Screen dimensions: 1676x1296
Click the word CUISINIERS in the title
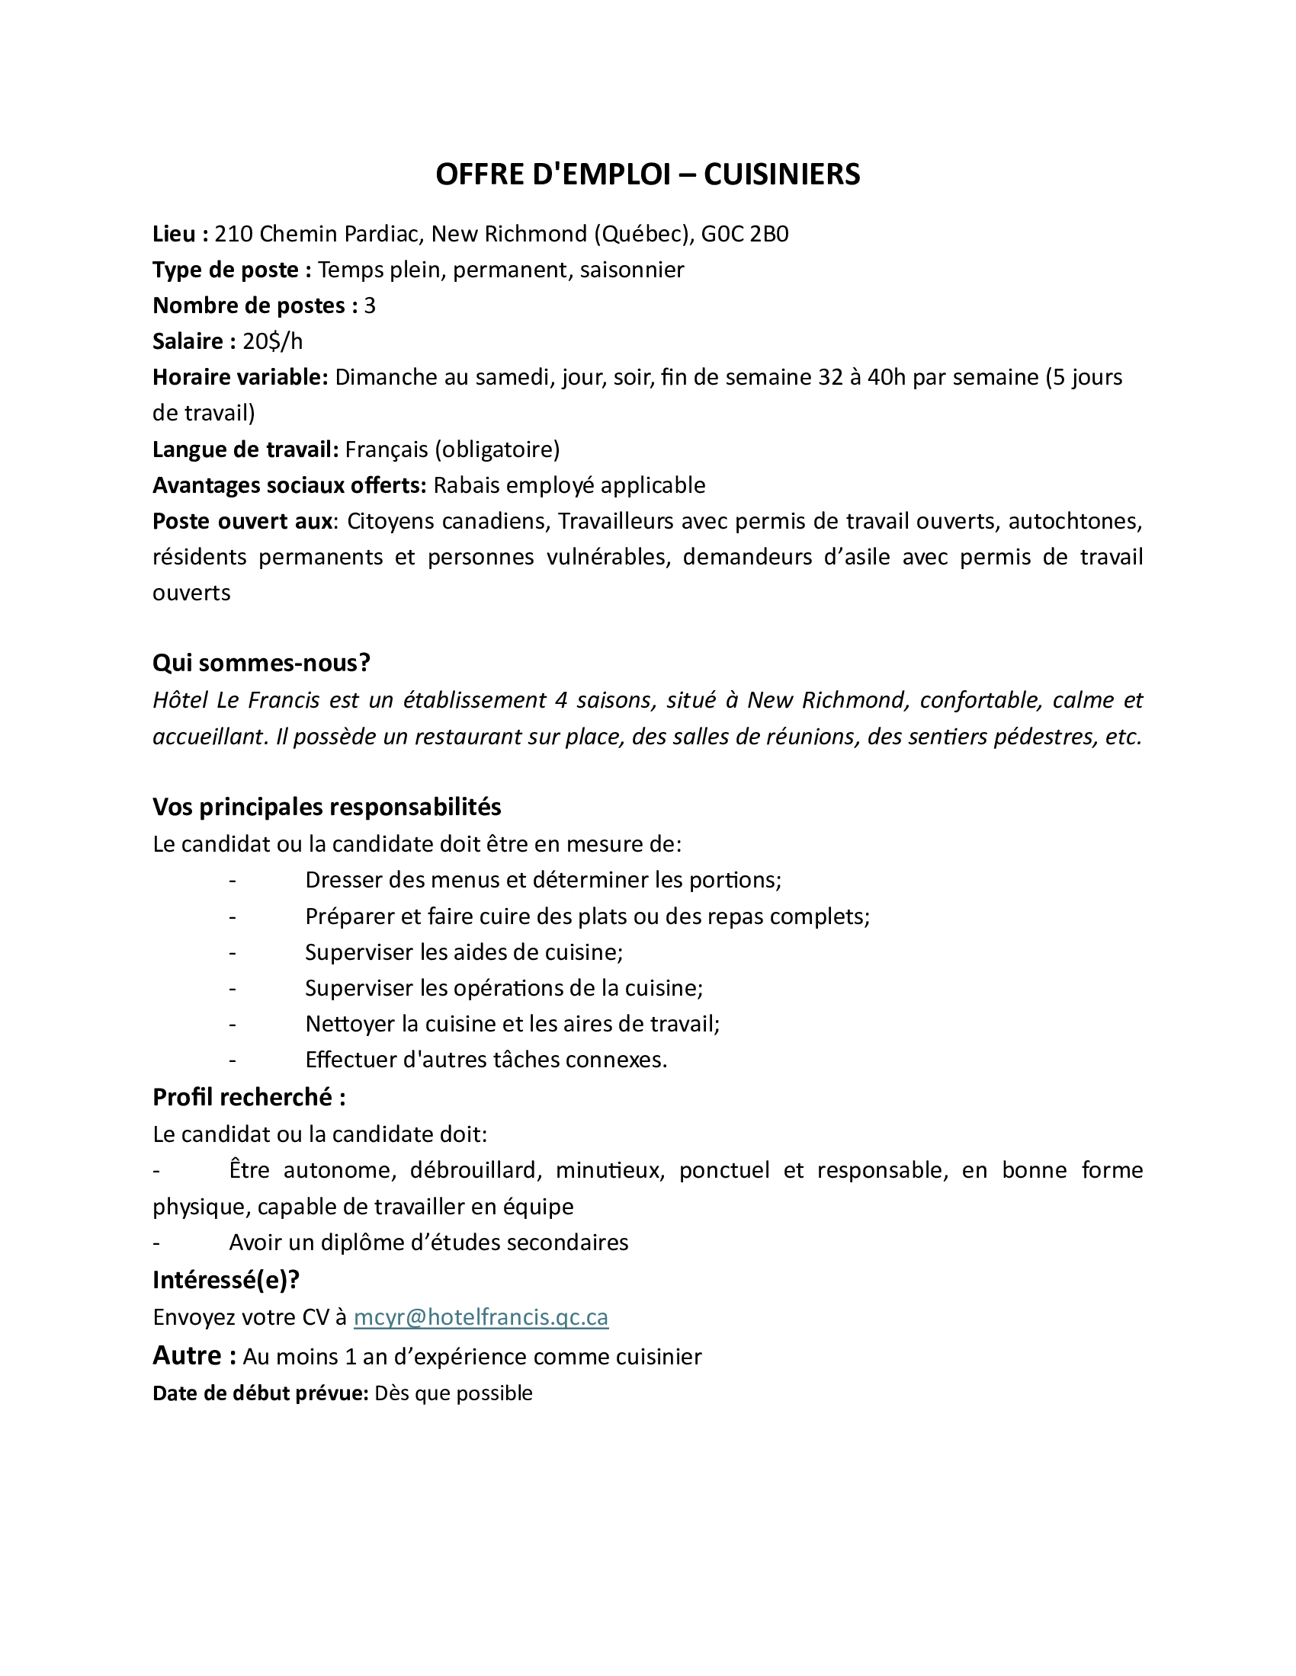pyautogui.click(x=781, y=175)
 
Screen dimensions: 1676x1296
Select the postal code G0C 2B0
pyautogui.click(x=745, y=234)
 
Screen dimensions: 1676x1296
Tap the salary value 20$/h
pyautogui.click(x=273, y=341)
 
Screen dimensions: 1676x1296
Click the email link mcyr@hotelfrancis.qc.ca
pyautogui.click(x=480, y=1318)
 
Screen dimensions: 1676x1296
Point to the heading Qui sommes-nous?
pyautogui.click(x=261, y=663)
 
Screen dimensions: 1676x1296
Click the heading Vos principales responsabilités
pyautogui.click(x=326, y=808)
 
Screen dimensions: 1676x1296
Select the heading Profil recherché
pyautogui.click(x=249, y=1097)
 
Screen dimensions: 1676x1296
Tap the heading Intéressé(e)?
pyautogui.click(x=226, y=1280)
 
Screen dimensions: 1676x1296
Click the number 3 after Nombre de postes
pyautogui.click(x=370, y=306)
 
